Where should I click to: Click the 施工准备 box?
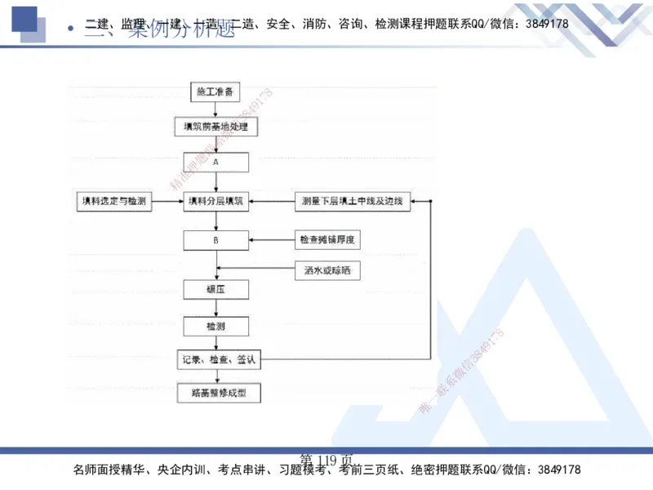coord(215,91)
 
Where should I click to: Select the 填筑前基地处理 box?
coord(215,127)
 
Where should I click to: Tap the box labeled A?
coord(215,162)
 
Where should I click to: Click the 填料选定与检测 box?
coord(113,201)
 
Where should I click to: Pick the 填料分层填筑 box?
coord(215,201)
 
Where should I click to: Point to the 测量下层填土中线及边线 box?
coord(353,201)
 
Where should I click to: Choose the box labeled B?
coord(215,240)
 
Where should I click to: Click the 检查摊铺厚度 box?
coord(330,240)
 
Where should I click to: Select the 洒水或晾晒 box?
coord(326,269)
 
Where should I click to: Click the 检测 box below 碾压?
coord(215,326)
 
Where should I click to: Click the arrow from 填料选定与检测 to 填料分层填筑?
coord(168,201)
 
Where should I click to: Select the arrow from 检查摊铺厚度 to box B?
coord(271,240)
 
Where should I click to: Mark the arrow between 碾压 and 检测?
coord(215,308)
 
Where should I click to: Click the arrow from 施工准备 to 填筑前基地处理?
coord(215,109)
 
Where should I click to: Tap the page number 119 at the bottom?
coord(326,459)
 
